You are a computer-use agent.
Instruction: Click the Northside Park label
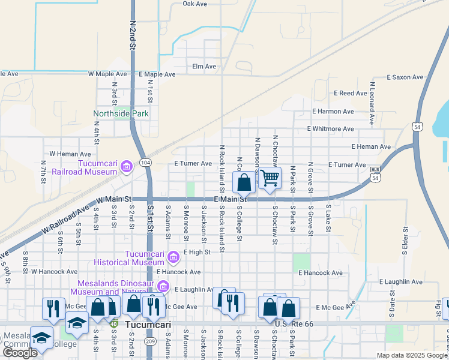[121, 113]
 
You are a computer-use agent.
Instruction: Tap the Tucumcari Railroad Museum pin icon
[126, 166]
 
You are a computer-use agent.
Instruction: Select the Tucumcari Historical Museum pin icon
[173, 257]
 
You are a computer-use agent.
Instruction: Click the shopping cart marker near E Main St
[270, 178]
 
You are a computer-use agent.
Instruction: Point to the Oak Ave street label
[194, 4]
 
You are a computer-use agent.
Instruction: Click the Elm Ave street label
[203, 67]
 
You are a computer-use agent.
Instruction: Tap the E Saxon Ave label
[405, 77]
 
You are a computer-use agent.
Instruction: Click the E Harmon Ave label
[333, 112]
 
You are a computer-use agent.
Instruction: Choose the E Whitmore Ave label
[330, 129]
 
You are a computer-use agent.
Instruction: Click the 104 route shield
[145, 163]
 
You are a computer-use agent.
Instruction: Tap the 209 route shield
[151, 341]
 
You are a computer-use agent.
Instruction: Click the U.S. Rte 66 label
[295, 324]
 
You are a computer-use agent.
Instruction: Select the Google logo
[20, 353]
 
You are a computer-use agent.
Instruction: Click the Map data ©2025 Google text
[411, 355]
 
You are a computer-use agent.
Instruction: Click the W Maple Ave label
[107, 74]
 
